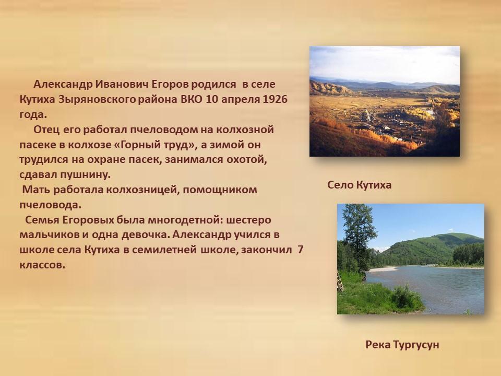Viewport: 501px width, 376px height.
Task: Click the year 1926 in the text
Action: pyautogui.click(x=275, y=99)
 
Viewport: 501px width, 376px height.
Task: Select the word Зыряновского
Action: pyautogui.click(x=97, y=99)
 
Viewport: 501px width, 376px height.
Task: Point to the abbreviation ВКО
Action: pyautogui.click(x=192, y=99)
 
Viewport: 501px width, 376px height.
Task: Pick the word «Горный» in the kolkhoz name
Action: pyautogui.click(x=139, y=145)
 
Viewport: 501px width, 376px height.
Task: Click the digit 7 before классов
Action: pyautogui.click(x=300, y=250)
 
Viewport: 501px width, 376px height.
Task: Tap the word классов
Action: pyautogui.click(x=42, y=265)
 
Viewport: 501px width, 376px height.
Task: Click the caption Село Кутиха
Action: pyautogui.click(x=359, y=185)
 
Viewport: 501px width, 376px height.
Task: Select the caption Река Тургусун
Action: pyautogui.click(x=402, y=345)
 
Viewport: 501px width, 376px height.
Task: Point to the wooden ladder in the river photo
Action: pyautogui.click(x=340, y=281)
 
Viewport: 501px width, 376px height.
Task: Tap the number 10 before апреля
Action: pyautogui.click(x=212, y=99)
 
